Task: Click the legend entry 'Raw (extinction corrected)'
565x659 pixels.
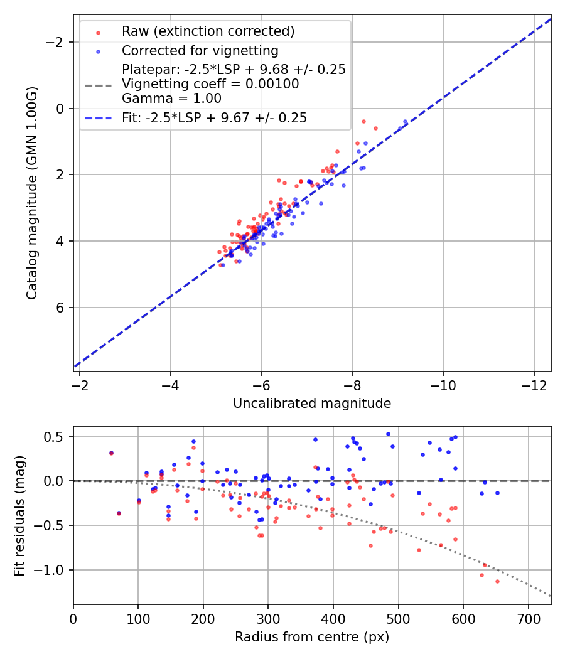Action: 208,31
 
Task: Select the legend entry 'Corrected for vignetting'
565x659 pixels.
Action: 200,50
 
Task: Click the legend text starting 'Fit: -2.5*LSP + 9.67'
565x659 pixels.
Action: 214,118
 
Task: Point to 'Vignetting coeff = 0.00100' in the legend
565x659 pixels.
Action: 210,84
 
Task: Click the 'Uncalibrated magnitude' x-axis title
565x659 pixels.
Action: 312,404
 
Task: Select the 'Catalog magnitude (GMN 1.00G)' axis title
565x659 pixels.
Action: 32,193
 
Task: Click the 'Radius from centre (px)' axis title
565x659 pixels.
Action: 312,637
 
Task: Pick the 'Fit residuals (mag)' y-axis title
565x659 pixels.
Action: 19,515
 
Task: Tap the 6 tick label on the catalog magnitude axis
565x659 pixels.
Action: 61,308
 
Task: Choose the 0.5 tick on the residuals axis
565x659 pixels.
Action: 58,437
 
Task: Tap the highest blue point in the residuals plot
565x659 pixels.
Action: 388,434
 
